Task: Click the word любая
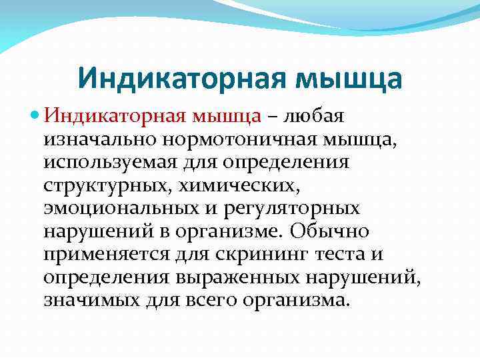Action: (315, 117)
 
